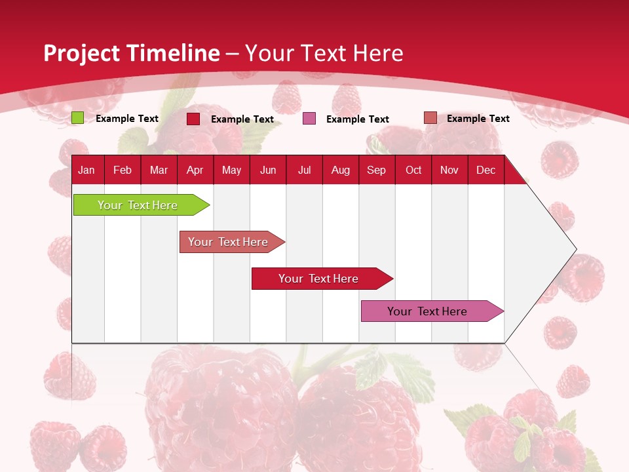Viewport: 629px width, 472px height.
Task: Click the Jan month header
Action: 86,170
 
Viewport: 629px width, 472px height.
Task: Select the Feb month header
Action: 123,170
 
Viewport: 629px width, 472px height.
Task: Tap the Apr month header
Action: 195,170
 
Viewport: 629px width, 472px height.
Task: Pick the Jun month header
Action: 268,170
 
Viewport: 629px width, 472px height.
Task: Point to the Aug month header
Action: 341,170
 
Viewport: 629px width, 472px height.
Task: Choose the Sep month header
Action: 377,170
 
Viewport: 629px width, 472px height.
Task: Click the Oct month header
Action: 413,170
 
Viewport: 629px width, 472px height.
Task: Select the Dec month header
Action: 486,170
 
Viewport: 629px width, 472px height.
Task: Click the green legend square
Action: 77,118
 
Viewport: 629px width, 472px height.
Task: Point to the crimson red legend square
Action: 193,119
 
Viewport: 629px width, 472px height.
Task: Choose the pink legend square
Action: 309,119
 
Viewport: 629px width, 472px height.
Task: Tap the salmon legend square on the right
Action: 430,118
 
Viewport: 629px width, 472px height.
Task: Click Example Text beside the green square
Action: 127,119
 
